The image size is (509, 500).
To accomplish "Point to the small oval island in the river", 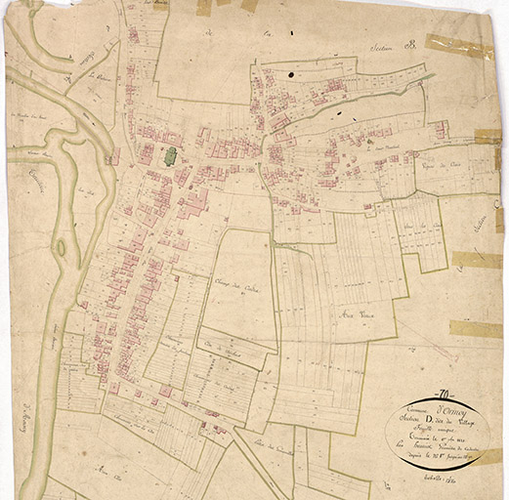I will (61, 248).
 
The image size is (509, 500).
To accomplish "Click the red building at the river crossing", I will (114, 155).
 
